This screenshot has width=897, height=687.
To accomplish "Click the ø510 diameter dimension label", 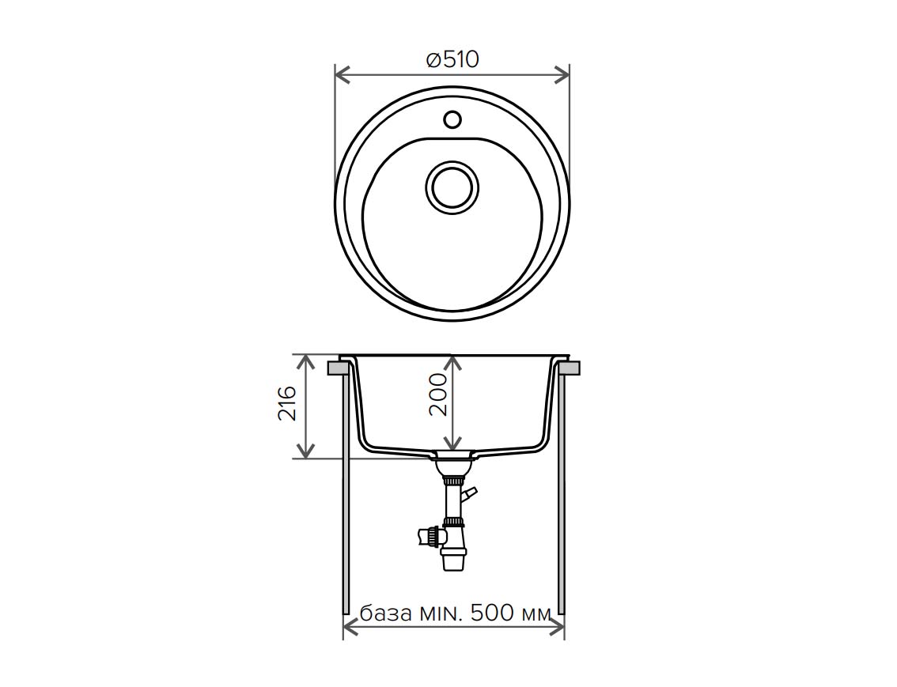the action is (x=452, y=59).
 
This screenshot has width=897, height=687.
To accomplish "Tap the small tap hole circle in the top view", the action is (x=452, y=119).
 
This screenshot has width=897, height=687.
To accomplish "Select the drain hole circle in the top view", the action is (x=452, y=187).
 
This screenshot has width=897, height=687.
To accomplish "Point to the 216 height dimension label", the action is (x=287, y=403).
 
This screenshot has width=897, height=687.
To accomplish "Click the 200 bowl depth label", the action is (x=439, y=395).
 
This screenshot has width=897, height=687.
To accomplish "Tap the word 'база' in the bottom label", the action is (x=386, y=613).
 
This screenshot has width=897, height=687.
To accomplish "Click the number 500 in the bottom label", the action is (x=491, y=613).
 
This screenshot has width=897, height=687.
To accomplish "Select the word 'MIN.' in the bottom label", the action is (x=441, y=613).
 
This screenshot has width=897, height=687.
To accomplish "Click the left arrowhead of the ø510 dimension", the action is (x=342, y=75).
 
